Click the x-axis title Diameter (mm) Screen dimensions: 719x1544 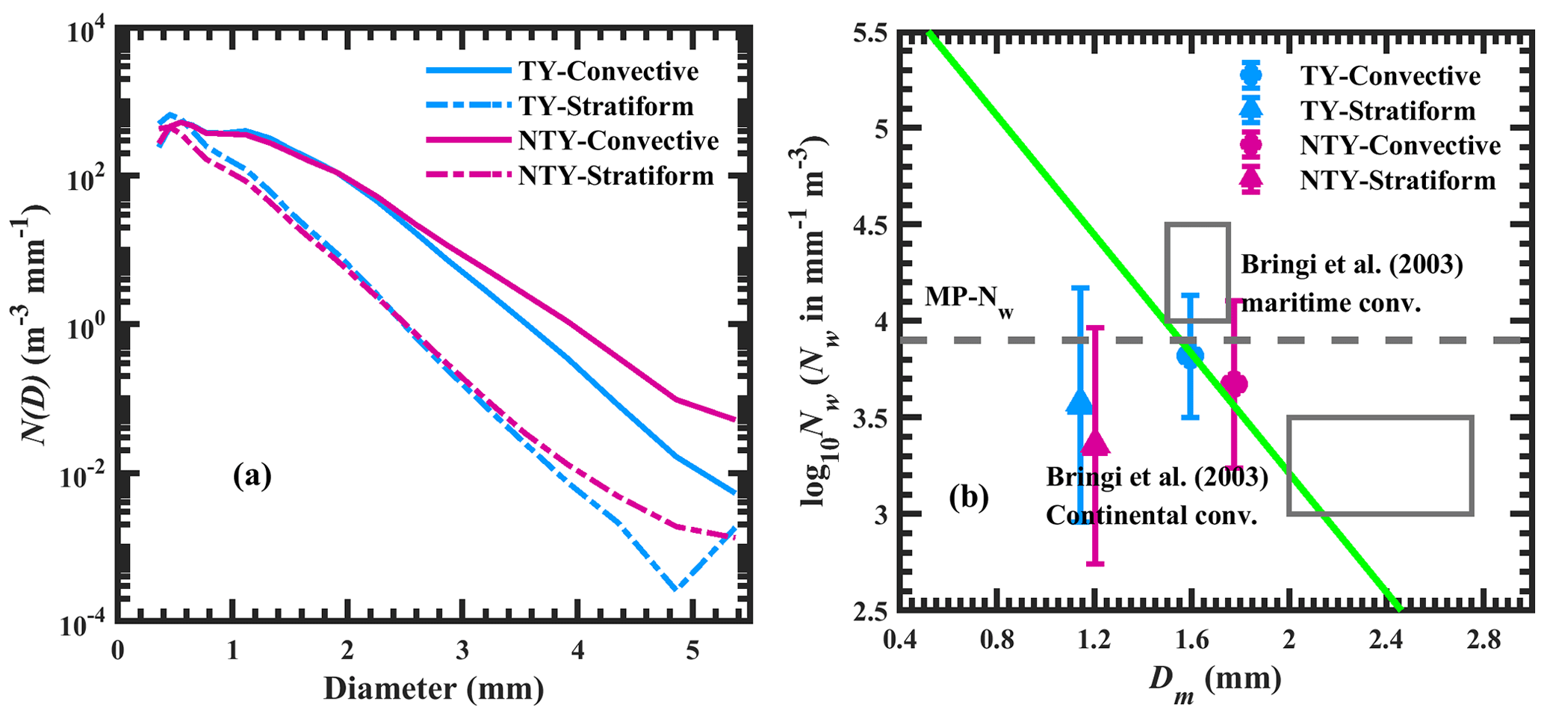pos(433,688)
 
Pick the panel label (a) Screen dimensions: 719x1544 pos(252,475)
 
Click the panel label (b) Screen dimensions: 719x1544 pos(969,496)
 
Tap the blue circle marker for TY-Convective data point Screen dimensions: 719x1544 pos(1190,356)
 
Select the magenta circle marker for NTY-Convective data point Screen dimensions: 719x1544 pos(1234,384)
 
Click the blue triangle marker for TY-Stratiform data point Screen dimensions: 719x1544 pos(1079,402)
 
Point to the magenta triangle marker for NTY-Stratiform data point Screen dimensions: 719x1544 pos(1095,443)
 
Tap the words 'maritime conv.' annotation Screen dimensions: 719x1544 pos(1330,303)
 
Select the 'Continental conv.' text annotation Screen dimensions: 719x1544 pos(1151,515)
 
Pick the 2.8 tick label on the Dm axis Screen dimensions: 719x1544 pos(1483,640)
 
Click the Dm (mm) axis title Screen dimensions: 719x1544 pos(1215,681)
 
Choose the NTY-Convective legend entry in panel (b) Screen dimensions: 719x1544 pos(1400,146)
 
